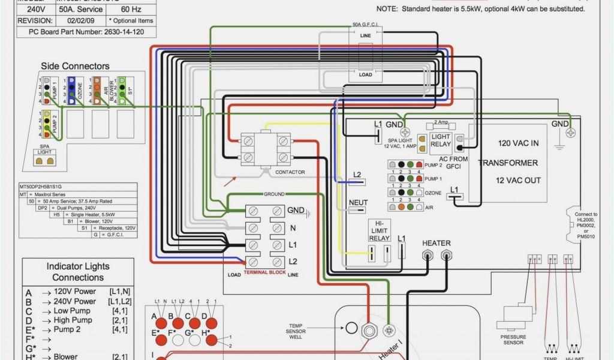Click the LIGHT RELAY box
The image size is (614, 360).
441,140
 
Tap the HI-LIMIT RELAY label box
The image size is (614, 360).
379,230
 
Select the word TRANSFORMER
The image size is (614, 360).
508,163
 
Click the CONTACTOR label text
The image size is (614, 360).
290,173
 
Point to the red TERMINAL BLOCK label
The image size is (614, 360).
264,272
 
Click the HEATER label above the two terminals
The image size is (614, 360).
436,243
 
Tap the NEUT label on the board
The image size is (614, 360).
358,203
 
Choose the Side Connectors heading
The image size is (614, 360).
75,66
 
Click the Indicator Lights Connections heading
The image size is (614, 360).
78,272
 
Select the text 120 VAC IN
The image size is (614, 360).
519,143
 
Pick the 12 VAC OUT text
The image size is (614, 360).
518,181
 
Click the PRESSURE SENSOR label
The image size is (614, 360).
513,340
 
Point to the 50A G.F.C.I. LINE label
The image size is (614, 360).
365,35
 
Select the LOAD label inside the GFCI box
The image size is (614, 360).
365,74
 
